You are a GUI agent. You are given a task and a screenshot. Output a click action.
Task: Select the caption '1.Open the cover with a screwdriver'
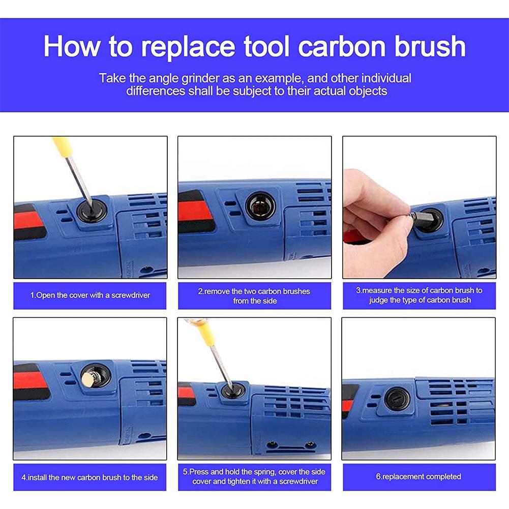pyautogui.click(x=91, y=295)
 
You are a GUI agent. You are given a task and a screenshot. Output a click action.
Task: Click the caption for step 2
pyautogui.click(x=254, y=296)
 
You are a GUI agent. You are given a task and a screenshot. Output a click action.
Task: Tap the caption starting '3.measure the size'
pyautogui.click(x=419, y=295)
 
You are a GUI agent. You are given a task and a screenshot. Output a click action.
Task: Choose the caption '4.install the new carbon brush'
pyautogui.click(x=89, y=477)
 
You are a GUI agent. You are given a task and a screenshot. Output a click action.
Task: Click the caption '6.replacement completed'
pyautogui.click(x=418, y=476)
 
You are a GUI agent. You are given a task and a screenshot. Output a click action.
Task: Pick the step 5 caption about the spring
pyautogui.click(x=254, y=476)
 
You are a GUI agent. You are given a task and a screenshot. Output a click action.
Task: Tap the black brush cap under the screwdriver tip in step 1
pyautogui.click(x=93, y=209)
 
